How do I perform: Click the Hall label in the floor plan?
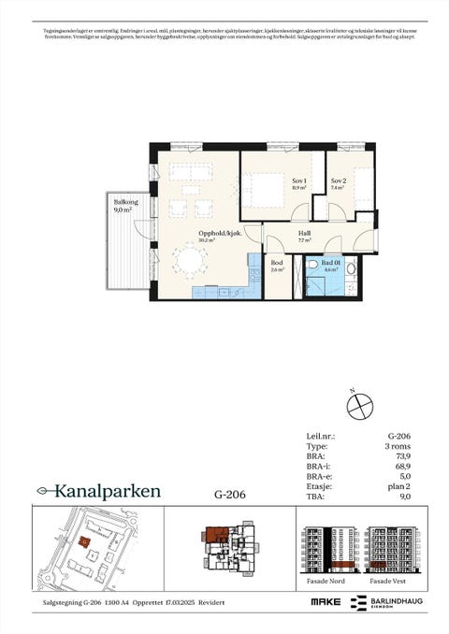[x=304, y=236]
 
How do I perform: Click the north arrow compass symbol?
[x=359, y=407]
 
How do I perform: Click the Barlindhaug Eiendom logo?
[x=385, y=605]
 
